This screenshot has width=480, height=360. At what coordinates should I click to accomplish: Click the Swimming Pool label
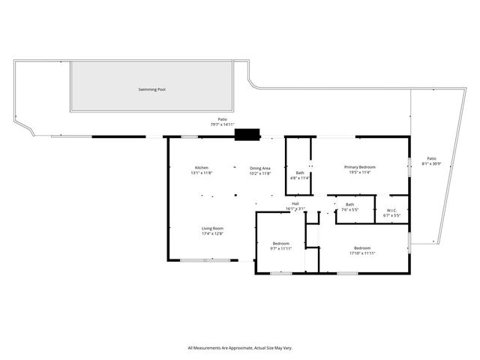151,89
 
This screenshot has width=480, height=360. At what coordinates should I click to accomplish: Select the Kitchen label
202,167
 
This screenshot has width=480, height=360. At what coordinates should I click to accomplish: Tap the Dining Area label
260,167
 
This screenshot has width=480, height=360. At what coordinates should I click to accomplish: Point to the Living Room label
212,228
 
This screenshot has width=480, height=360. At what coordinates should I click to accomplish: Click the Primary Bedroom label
360,166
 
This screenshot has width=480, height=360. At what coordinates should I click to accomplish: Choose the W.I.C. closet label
391,210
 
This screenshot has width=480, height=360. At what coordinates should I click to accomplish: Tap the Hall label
295,204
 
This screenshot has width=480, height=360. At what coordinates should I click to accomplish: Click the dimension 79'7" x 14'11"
222,124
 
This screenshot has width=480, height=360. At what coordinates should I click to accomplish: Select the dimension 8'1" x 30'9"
431,163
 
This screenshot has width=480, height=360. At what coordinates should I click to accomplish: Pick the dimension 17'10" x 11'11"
362,253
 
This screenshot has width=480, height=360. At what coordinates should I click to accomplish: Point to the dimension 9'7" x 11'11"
281,249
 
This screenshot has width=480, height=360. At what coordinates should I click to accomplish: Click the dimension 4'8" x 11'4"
300,178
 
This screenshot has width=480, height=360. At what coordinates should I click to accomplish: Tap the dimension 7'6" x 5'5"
349,210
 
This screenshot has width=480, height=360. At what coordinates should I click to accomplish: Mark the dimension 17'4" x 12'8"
212,233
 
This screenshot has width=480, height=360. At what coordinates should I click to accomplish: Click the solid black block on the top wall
246,135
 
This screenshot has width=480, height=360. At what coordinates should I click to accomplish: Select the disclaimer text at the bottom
240,348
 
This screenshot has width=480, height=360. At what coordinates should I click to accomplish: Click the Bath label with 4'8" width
300,172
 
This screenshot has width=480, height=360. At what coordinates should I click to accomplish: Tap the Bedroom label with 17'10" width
362,248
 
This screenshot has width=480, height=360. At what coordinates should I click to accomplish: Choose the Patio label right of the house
431,158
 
